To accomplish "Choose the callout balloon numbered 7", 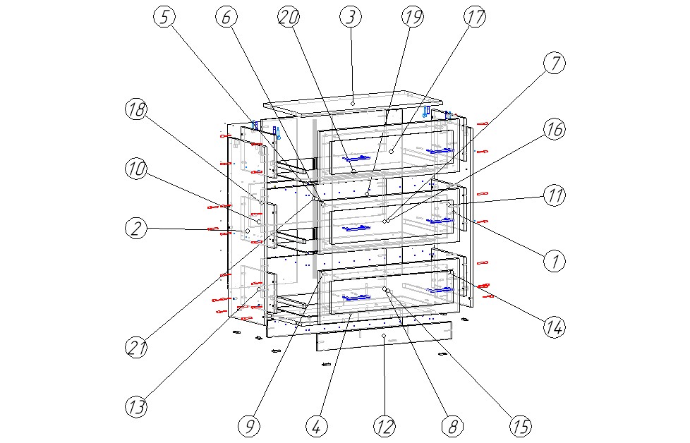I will coord(555,63).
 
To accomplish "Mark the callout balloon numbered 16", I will coord(555,129).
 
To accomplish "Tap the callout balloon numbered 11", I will coord(555,196).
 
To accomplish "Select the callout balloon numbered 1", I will coord(555,262).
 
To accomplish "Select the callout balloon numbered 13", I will coord(136,406).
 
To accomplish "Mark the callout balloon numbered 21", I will coord(136,346).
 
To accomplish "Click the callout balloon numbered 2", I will coord(136,228).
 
